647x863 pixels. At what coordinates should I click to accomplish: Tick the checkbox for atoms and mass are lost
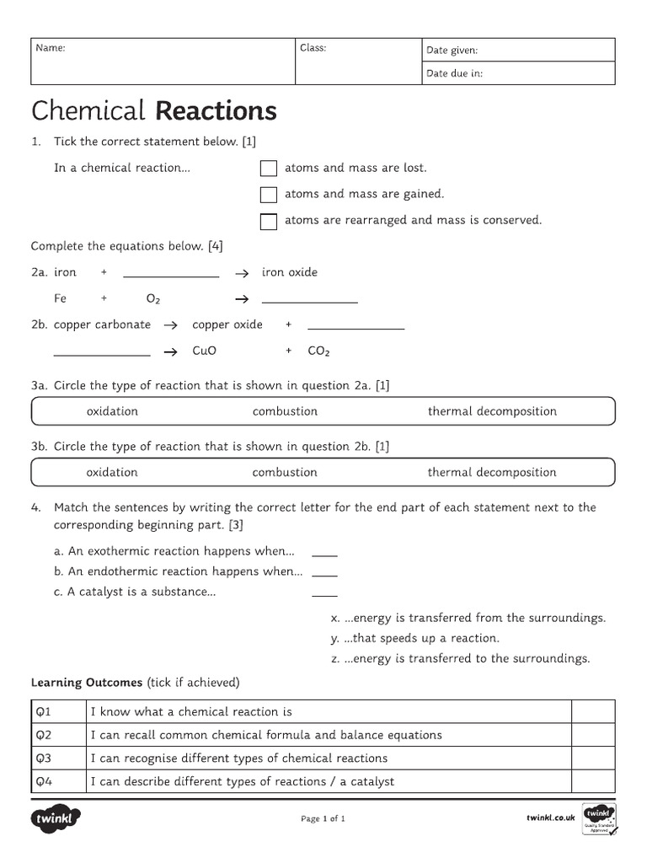pos(269,169)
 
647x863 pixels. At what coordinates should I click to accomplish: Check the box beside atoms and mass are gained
pos(269,195)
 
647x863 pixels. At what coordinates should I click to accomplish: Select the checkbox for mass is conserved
pos(269,222)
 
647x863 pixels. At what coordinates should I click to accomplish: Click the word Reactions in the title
pos(217,111)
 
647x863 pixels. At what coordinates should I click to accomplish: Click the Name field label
pos(51,48)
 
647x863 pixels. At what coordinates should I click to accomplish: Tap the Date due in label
pos(454,73)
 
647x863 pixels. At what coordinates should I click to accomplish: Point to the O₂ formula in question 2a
pos(153,299)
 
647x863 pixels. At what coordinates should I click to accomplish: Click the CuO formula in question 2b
pos(205,351)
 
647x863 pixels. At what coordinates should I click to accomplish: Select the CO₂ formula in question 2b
pos(318,351)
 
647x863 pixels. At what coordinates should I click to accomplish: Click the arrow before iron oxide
pos(241,274)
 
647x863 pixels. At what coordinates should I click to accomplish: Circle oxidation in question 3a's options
pos(112,411)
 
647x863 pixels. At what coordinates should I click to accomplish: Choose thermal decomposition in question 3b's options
pos(492,472)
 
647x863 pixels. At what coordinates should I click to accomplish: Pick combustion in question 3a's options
pos(285,411)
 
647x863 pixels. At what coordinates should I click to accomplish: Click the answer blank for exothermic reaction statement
pos(324,554)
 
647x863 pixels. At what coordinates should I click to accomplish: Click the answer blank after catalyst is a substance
pos(324,594)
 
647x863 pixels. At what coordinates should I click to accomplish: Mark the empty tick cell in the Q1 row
pos(593,711)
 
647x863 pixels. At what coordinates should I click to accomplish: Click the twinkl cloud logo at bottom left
pos(56,817)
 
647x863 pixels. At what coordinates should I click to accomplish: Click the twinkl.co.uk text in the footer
pos(550,817)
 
